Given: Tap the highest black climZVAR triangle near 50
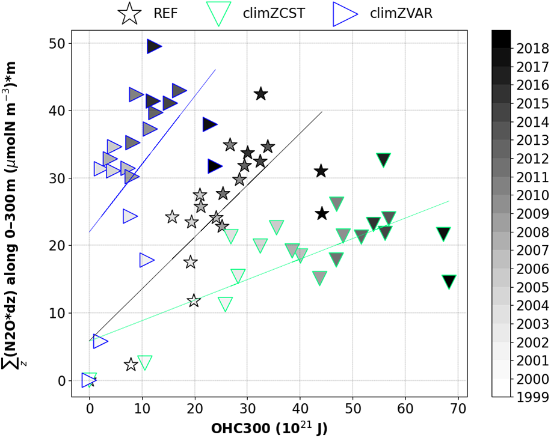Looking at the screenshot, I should tap(154, 46).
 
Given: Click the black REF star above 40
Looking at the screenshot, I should tap(260, 94).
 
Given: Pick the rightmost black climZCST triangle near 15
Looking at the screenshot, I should tap(449, 281).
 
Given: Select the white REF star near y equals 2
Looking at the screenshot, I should tap(131, 364).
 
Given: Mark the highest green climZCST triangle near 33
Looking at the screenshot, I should tap(384, 159).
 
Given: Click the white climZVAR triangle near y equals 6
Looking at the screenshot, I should tap(100, 341).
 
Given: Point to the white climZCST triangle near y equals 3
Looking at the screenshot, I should tap(144, 362).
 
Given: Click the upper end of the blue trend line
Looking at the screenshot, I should tap(215, 70).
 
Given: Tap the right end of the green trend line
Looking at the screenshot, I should tap(449, 201).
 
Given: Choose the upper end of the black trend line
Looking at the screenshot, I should tap(322, 112).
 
